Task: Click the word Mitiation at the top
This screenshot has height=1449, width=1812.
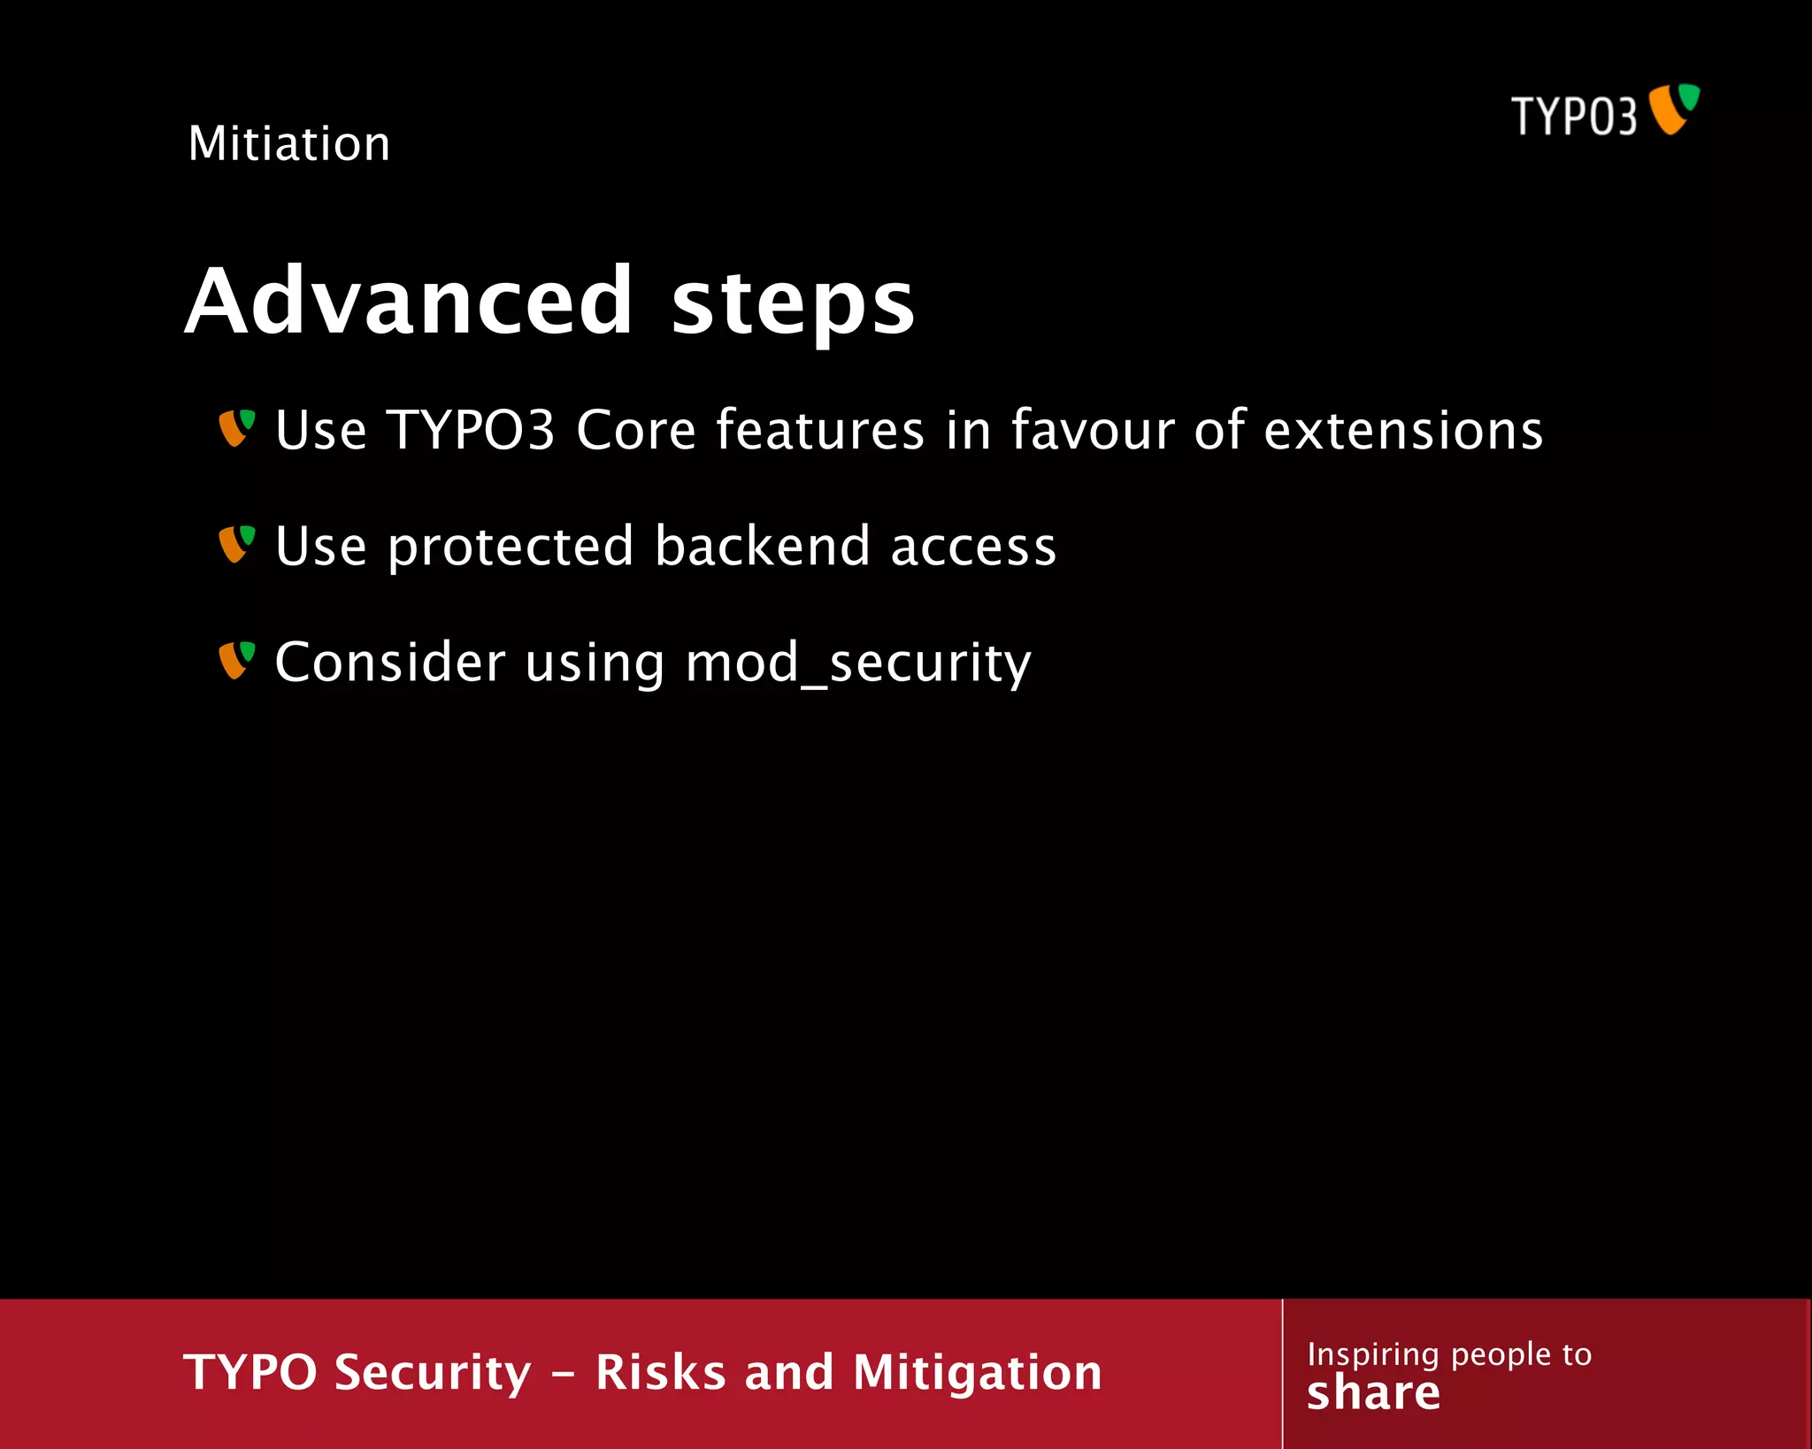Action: [288, 143]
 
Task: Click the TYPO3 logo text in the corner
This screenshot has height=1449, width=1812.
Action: [1574, 117]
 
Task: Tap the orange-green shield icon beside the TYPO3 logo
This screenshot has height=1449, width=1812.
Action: [1674, 109]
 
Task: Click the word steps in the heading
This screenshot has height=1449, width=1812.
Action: [792, 303]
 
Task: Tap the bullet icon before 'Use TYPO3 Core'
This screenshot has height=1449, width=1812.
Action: [236, 428]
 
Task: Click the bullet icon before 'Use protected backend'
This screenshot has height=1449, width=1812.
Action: [236, 544]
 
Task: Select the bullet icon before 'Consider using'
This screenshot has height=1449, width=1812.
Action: [236, 661]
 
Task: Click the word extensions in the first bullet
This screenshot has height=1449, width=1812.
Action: [1403, 431]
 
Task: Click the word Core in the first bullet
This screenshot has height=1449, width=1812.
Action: [635, 431]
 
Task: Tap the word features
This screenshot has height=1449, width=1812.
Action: [819, 431]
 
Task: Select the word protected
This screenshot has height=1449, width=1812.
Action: [511, 548]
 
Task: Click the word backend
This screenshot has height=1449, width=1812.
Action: [762, 546]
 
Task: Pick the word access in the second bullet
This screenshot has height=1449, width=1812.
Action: [973, 548]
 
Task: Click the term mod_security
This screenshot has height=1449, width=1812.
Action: [858, 664]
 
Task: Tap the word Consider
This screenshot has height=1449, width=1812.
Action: [390, 663]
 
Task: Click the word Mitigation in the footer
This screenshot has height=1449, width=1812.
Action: [977, 1373]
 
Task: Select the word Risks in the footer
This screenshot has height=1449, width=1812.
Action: [660, 1373]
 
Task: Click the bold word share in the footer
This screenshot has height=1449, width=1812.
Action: [1373, 1394]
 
